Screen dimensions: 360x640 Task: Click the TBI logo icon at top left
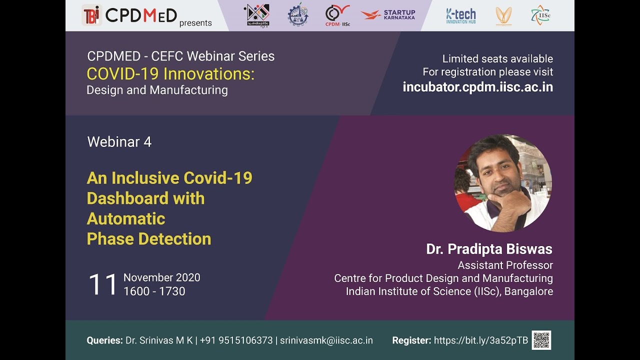92,15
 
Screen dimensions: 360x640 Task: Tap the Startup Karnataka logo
388,15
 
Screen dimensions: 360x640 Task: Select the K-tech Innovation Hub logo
460,15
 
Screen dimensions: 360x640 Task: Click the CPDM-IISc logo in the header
337,15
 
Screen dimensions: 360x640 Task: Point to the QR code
541,340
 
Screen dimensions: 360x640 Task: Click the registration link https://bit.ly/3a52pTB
480,340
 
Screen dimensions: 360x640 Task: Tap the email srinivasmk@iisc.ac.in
326,340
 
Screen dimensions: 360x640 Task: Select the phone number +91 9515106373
236,340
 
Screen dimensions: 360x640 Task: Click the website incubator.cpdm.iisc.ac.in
477,87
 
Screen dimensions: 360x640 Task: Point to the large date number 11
102,284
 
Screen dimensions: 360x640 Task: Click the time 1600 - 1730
154,291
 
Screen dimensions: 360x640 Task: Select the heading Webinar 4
119,142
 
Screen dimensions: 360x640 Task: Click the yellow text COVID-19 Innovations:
170,74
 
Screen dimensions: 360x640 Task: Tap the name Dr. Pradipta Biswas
489,249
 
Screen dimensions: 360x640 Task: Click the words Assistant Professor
505,265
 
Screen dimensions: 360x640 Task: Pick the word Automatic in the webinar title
126,218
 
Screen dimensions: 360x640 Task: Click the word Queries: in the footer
104,340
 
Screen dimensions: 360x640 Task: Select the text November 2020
161,277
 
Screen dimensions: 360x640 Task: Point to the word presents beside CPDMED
195,23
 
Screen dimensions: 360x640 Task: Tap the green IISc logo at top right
540,15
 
